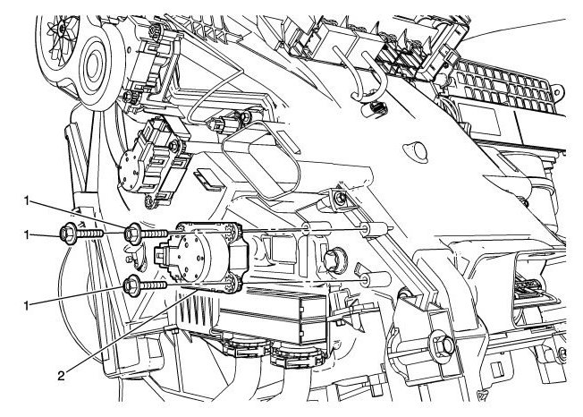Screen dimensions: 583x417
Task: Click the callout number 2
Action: pos(62,375)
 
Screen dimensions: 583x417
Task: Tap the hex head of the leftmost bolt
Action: pos(68,234)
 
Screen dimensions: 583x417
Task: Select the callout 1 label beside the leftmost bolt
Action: pos(27,234)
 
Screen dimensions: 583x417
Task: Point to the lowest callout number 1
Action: pos(27,306)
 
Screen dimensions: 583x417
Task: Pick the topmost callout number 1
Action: pos(27,201)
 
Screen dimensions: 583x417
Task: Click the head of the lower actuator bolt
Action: pos(132,285)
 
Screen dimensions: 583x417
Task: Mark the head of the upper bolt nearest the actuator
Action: pos(132,234)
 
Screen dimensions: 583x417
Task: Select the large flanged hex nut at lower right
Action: pos(442,345)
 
